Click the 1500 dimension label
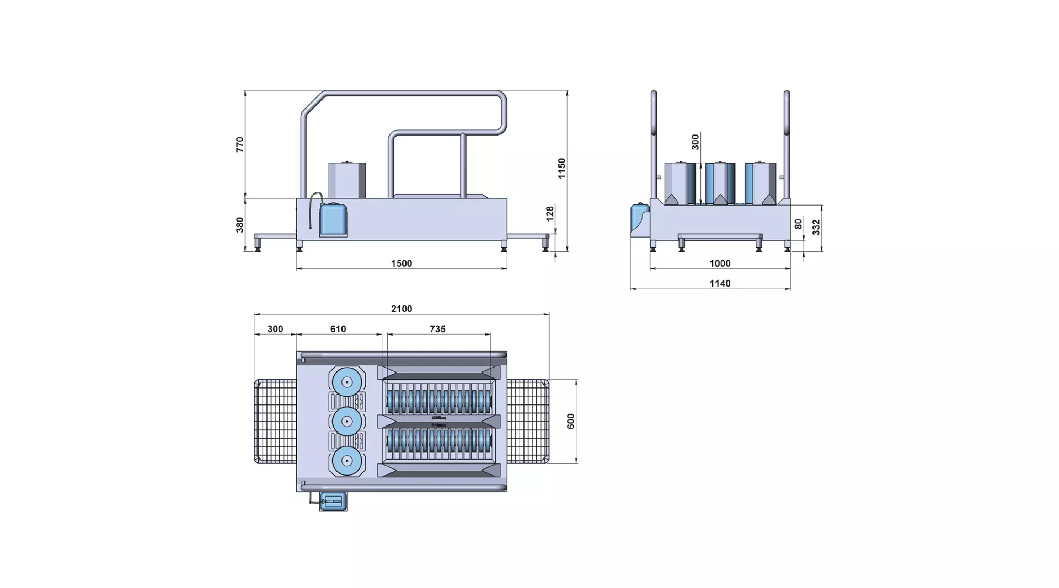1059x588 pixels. point(402,263)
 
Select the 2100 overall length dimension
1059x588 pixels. point(402,309)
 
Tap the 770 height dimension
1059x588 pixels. point(240,144)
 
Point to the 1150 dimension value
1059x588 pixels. point(561,168)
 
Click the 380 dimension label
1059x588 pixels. point(240,225)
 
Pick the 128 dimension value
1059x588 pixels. point(549,214)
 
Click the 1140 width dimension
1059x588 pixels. point(720,284)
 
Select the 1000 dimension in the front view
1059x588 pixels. point(720,263)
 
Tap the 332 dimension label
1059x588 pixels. point(816,227)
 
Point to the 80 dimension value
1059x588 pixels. point(798,224)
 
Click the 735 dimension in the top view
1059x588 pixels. point(437,329)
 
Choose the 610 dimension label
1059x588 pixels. point(338,329)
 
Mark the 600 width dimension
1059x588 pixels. point(571,421)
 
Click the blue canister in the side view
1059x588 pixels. point(333,220)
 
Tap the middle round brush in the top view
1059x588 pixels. point(347,422)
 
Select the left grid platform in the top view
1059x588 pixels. point(275,422)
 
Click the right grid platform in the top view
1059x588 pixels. point(528,422)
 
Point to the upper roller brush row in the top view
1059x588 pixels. point(438,402)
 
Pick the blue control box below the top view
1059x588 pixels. point(334,502)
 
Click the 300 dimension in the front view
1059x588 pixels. point(696,142)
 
